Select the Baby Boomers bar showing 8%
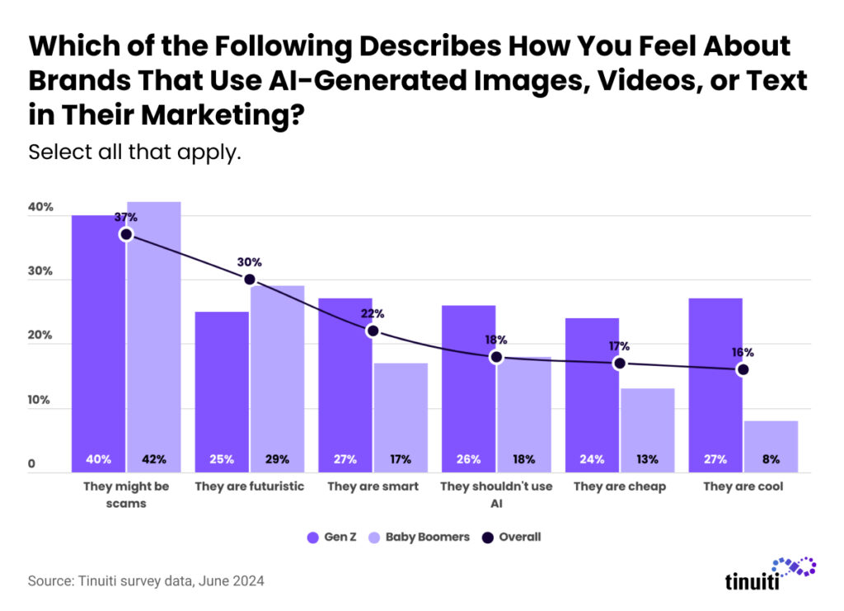771,446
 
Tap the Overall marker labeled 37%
126,234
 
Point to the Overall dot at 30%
249,280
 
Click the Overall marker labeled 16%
743,369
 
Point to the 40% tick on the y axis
40,208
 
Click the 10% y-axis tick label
40,402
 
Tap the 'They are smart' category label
373,486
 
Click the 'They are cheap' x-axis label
619,486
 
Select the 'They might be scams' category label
126,494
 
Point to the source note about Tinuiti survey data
146,580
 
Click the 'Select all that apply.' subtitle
134,153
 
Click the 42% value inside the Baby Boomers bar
153,458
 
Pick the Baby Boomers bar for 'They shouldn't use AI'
523,404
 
